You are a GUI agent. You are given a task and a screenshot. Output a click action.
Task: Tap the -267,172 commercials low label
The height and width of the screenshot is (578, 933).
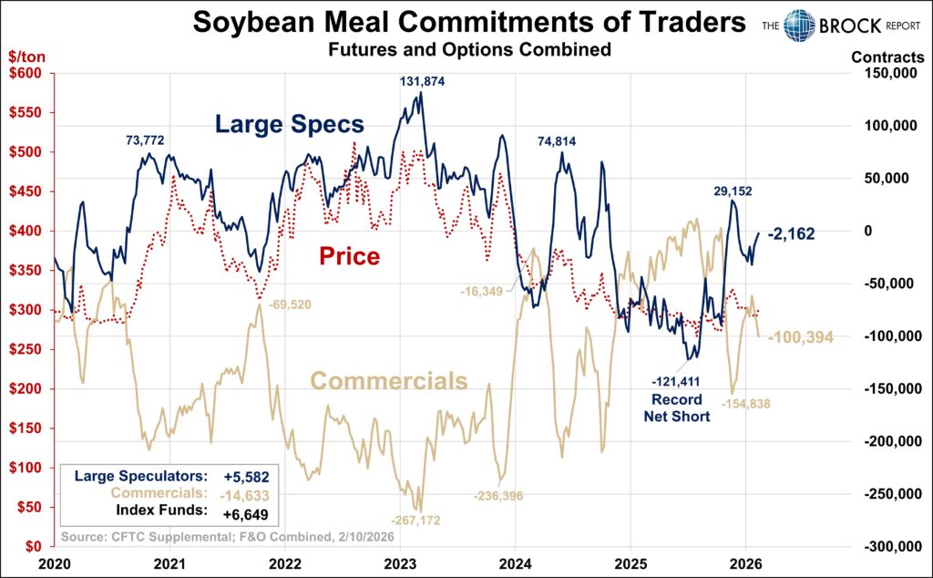415,520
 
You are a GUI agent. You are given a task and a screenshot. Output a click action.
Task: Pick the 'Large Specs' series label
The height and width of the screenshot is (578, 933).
289,124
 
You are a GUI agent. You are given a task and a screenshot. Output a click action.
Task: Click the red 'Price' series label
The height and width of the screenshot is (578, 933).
349,256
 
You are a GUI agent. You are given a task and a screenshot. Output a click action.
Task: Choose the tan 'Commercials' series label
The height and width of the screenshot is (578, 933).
389,381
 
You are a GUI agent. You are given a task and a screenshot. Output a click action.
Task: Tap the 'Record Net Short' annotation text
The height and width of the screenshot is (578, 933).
676,408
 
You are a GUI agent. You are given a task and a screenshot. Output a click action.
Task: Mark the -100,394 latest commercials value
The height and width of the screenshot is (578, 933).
801,338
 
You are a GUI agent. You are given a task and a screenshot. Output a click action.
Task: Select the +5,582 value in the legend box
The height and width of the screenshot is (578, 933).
244,476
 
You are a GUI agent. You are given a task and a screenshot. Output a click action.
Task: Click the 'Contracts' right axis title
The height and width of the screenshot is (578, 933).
887,57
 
